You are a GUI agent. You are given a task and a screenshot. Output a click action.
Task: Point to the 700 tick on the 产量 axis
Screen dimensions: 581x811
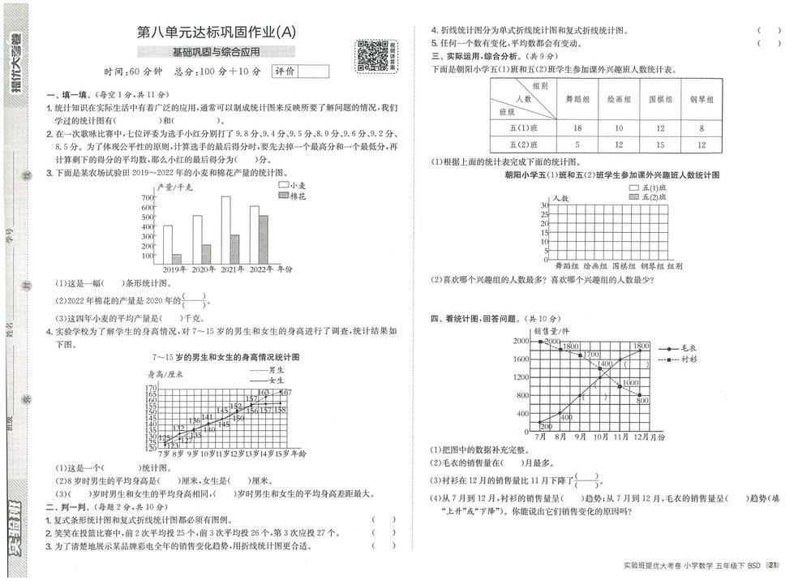point(148,197)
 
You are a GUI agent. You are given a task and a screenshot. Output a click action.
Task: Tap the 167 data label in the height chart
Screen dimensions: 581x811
point(285,393)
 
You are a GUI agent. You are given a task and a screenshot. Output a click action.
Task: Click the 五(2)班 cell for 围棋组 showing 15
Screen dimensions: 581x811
point(659,144)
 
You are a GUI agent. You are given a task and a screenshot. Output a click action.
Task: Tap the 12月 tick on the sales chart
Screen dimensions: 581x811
point(642,437)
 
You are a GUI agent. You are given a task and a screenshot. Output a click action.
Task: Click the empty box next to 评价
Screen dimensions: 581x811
point(314,71)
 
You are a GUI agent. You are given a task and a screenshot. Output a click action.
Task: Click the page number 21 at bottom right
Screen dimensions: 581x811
point(773,566)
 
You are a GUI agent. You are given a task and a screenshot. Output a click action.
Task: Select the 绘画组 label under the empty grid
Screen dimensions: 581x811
point(595,265)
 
